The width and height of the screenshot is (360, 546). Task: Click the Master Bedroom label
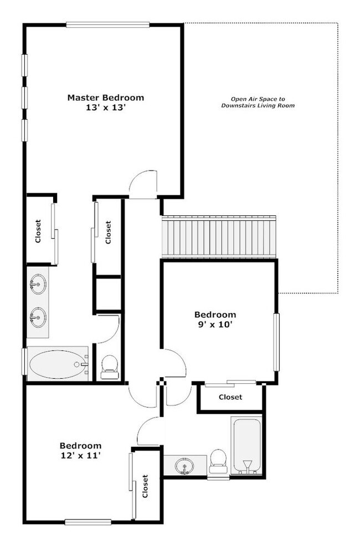coord(105,97)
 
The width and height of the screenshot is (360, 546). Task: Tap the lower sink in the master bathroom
coord(37,318)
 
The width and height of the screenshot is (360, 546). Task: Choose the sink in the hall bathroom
coord(185,466)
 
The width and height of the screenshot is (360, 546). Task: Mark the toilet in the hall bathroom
coord(218,462)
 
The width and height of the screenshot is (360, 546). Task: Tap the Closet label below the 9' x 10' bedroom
coord(230,397)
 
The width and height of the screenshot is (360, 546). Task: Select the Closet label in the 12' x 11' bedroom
coord(145,486)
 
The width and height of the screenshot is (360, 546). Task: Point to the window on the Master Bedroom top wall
coord(107,24)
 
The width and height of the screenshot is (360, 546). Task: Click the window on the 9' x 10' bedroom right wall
coord(276,342)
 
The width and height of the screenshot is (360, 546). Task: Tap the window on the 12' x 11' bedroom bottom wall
coord(89,522)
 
